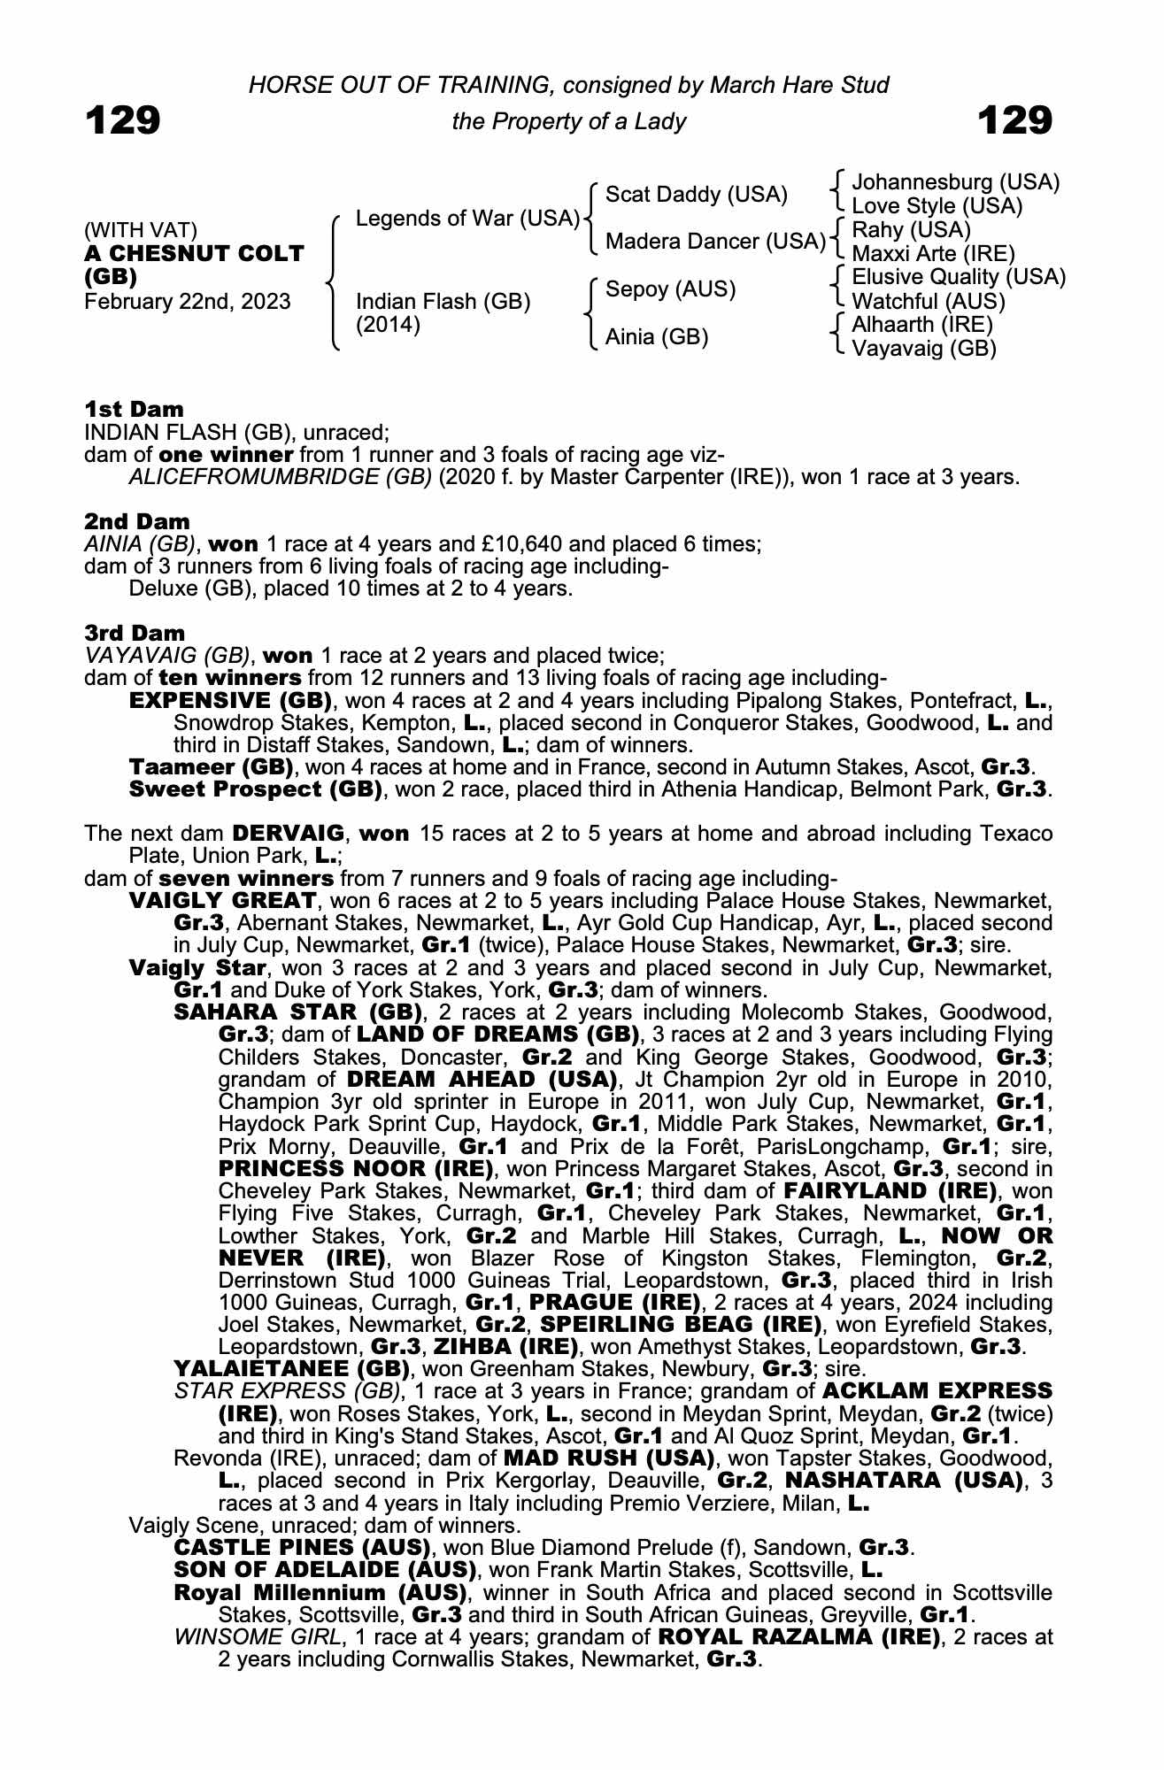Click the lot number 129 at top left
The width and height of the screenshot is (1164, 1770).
123,120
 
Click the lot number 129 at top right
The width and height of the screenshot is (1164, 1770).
1015,120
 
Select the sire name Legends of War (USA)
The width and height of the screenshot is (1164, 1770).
466,219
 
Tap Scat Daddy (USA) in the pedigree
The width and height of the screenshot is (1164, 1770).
696,195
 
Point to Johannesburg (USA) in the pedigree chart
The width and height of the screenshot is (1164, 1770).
955,182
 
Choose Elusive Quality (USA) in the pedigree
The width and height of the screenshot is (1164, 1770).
958,277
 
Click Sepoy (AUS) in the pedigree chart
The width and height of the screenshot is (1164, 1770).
670,289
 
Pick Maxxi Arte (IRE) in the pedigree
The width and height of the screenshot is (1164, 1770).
933,254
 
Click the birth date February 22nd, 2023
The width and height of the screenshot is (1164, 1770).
187,302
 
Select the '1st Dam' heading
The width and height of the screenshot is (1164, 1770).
134,409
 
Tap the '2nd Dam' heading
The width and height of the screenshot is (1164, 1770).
136,521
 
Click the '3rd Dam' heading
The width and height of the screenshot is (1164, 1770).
135,633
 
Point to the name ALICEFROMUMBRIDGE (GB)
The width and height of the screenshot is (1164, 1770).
281,478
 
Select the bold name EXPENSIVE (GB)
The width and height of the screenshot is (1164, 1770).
230,701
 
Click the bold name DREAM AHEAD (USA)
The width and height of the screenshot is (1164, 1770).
482,1080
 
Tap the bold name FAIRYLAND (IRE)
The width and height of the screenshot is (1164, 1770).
893,1191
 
